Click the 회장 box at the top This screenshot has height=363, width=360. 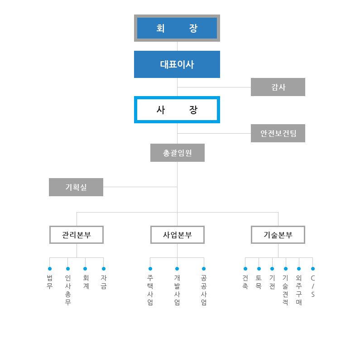pos(177,28)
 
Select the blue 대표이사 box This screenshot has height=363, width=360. pos(177,64)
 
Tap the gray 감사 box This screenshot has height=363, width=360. pos(278,87)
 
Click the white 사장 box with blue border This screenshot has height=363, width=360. pos(177,110)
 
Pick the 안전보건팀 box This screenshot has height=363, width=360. pos(278,133)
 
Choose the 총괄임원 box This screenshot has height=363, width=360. pos(178,153)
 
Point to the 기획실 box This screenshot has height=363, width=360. pos(76,187)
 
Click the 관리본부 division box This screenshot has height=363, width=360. pos(77,235)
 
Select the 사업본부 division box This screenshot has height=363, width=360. pos(178,235)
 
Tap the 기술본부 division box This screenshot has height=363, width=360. pos(278,235)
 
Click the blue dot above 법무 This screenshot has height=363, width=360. pos(50,269)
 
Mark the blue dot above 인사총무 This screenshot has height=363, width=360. pos(68,269)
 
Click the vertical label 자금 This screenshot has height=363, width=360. pos(104,282)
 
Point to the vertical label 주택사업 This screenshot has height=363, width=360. pos(150,290)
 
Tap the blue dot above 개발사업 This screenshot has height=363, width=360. pos(177,269)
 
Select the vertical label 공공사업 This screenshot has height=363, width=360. pos(204,290)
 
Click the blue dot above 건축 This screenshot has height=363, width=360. pos(245,269)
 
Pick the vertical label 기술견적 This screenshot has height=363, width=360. pos(285,290)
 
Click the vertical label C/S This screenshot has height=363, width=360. pos(313,286)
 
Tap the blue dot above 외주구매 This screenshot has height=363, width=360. pos(299,269)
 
